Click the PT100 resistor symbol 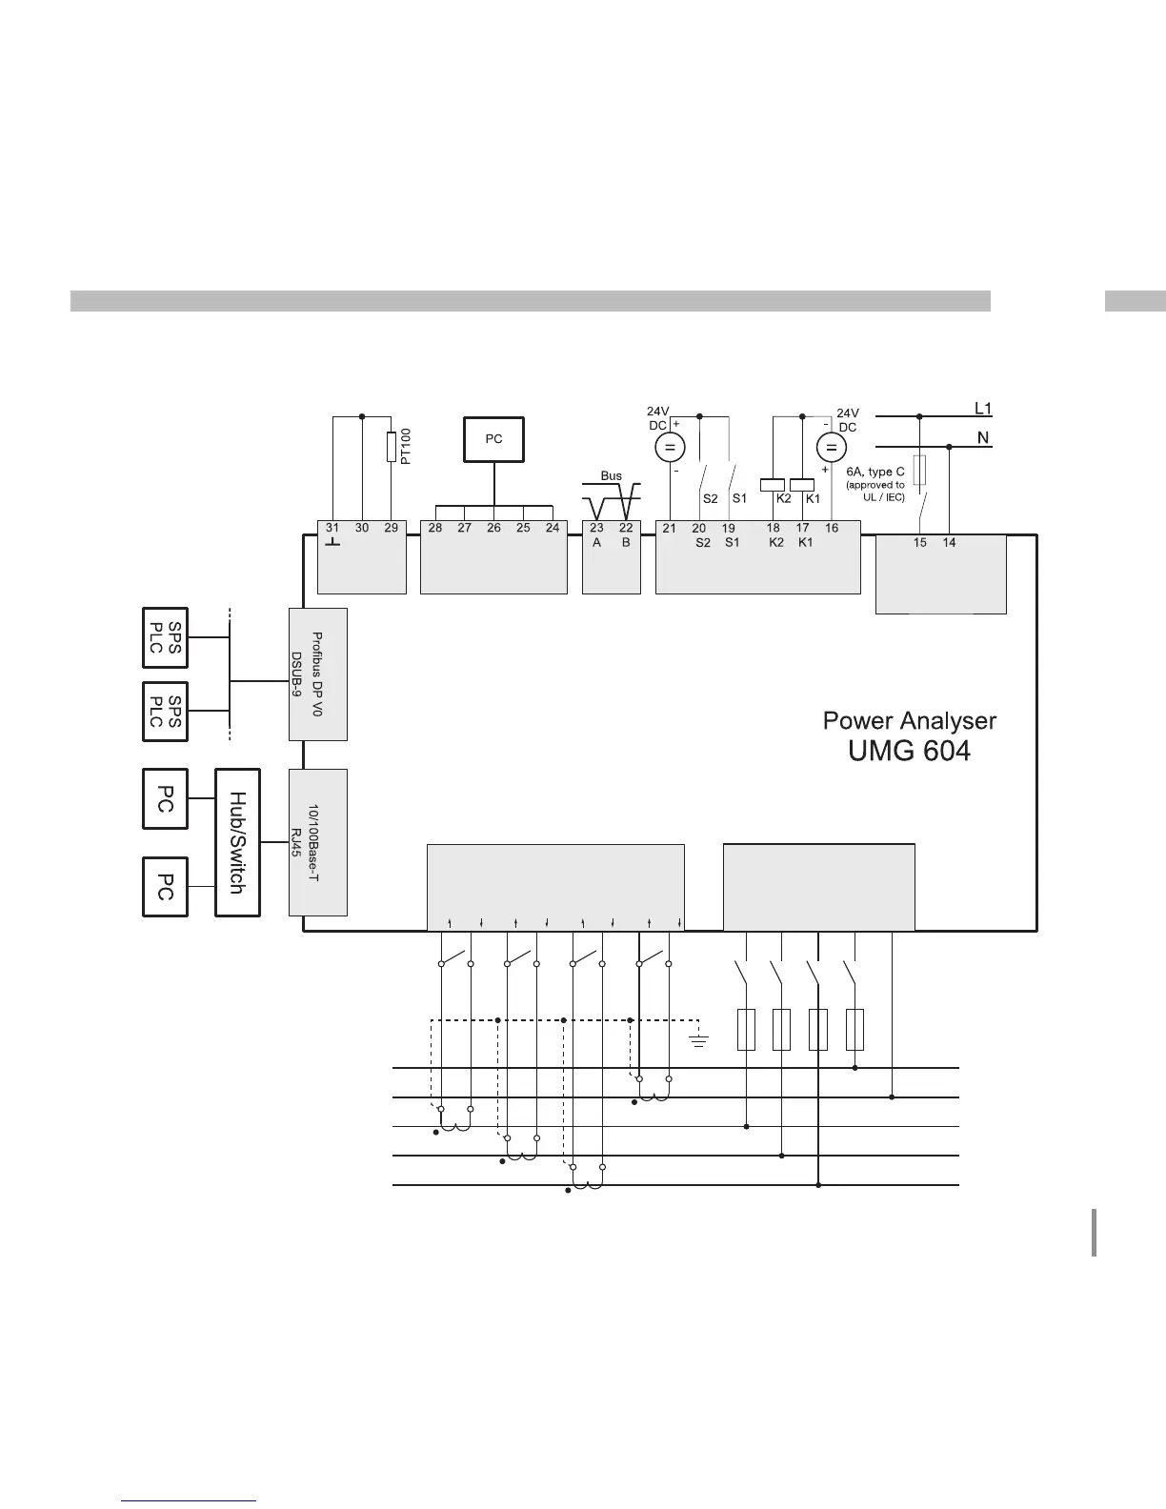tap(392, 446)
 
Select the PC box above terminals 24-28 tap(493, 439)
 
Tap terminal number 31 tap(332, 528)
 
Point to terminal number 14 tap(949, 542)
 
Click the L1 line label tap(983, 409)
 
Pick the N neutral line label tap(981, 439)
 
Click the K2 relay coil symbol tap(773, 483)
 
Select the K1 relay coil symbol tap(802, 483)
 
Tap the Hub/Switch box tap(237, 842)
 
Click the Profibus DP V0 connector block tap(318, 674)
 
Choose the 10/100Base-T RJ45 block tap(318, 842)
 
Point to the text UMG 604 tap(909, 752)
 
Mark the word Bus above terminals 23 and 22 tap(611, 475)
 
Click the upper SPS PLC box tap(165, 637)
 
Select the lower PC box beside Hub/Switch tap(165, 886)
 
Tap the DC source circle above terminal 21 tap(670, 447)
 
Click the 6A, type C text tap(874, 472)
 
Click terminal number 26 tap(493, 528)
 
